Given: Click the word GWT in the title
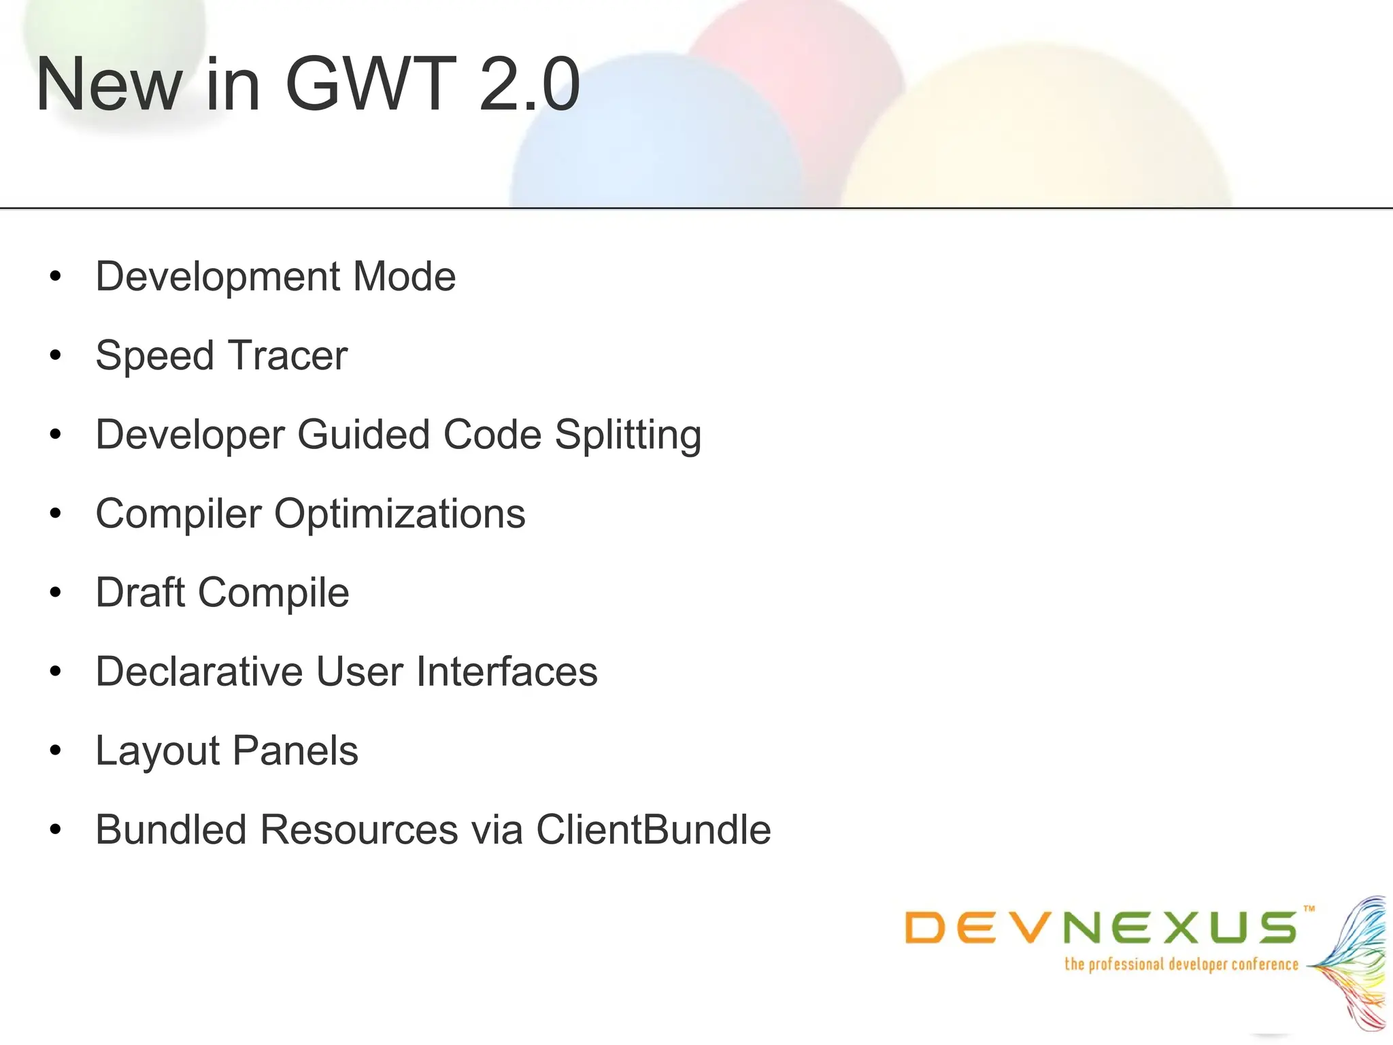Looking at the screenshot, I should pos(370,84).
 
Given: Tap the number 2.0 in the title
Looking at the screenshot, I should pos(529,84).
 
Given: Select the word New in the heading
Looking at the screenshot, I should pos(109,84).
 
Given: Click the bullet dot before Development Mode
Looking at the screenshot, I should pos(56,276).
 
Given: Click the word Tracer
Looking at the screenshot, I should pos(288,355).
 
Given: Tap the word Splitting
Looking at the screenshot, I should pos(628,435).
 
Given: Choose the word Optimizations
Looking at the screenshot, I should pos(399,514).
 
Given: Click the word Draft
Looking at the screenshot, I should pos(141,593).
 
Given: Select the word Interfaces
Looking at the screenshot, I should pos(507,671).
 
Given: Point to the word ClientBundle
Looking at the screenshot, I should pos(654,830).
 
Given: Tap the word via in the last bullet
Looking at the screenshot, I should pos(496,830).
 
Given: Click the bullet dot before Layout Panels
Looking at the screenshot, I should pos(56,751).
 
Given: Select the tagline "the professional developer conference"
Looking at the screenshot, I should pos(1181,965).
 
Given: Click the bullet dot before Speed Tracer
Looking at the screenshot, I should pos(56,355).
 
